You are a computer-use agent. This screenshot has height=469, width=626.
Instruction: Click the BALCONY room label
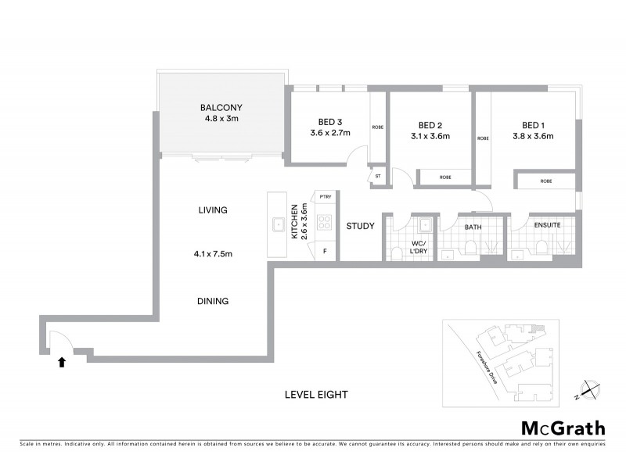pyautogui.click(x=220, y=108)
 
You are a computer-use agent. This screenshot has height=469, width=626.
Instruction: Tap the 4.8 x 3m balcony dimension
pyautogui.click(x=220, y=120)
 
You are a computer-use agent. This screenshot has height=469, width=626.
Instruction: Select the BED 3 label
pyautogui.click(x=330, y=121)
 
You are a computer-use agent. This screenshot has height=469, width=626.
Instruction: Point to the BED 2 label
pyautogui.click(x=430, y=124)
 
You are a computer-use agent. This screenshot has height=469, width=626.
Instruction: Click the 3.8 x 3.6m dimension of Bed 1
pyautogui.click(x=534, y=136)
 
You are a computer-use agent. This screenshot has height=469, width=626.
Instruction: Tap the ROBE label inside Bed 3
pyautogui.click(x=378, y=127)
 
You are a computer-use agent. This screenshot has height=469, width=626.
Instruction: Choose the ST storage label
pyautogui.click(x=377, y=177)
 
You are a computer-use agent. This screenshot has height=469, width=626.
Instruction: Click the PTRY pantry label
pyautogui.click(x=325, y=198)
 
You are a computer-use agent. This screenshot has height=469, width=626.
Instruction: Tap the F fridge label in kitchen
pyautogui.click(x=325, y=251)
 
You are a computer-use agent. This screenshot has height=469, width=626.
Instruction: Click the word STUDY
pyautogui.click(x=361, y=227)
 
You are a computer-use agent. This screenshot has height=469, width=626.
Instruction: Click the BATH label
pyautogui.click(x=473, y=227)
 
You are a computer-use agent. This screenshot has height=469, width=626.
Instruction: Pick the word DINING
pyautogui.click(x=213, y=300)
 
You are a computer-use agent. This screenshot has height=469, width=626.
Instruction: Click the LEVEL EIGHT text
pyautogui.click(x=316, y=396)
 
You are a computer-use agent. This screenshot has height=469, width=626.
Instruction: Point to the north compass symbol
pyautogui.click(x=590, y=388)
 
